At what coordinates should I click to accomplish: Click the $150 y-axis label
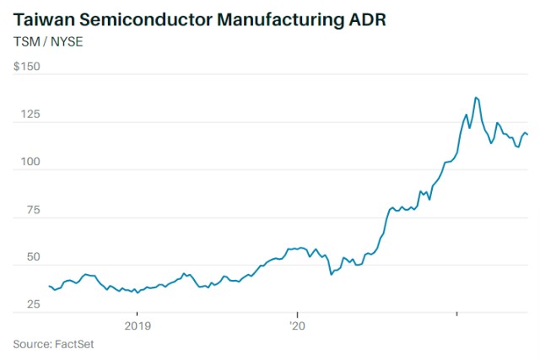27,67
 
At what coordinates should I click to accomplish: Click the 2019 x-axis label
138,325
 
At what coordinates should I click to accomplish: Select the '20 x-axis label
296,325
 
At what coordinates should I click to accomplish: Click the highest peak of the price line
476,98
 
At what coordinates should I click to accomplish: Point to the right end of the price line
528,135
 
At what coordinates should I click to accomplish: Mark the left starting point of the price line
50,287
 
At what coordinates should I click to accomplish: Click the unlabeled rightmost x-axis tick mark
456,314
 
